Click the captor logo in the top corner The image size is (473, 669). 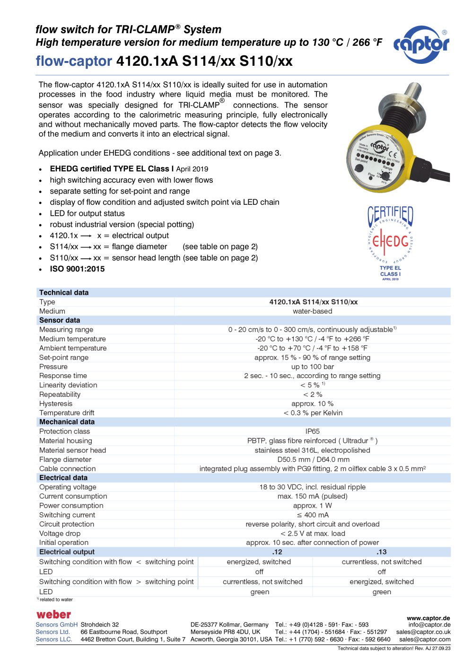pyautogui.click(x=421, y=44)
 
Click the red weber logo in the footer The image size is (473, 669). pyautogui.click(x=53, y=615)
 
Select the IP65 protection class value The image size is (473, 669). pyautogui.click(x=312, y=431)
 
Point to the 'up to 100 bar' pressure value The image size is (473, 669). pyautogui.click(x=312, y=367)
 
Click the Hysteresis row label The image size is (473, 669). pyautogui.click(x=56, y=404)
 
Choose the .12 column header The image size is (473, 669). pyautogui.click(x=277, y=552)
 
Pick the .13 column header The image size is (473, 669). pyautogui.click(x=381, y=552)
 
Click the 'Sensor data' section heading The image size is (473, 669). pyautogui.click(x=60, y=320)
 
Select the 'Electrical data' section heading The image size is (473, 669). pyautogui.click(x=63, y=478)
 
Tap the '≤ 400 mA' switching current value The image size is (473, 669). pyautogui.click(x=312, y=515)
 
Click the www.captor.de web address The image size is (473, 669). pyautogui.click(x=428, y=618)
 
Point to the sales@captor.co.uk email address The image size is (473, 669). pyautogui.click(x=423, y=632)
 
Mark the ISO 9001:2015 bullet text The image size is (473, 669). pyautogui.click(x=77, y=269)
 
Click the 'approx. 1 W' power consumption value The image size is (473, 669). pyautogui.click(x=312, y=506)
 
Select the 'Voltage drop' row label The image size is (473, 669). pyautogui.click(x=60, y=534)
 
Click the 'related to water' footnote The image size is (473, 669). pyautogui.click(x=56, y=600)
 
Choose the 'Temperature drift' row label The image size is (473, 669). pyautogui.click(x=67, y=413)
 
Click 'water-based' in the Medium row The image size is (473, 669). pyautogui.click(x=312, y=311)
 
